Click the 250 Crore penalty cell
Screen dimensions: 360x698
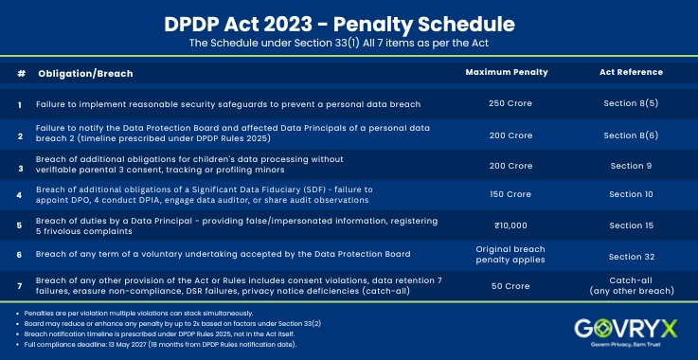493,103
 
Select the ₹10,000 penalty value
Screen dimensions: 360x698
493,225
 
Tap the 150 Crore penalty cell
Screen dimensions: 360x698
493,194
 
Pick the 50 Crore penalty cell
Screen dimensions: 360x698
493,285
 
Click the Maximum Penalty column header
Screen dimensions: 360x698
493,72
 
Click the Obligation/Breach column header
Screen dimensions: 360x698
85,73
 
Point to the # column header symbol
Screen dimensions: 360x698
21,73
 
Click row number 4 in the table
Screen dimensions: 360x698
20,195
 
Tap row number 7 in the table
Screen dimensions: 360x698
20,285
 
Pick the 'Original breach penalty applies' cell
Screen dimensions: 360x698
493,255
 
